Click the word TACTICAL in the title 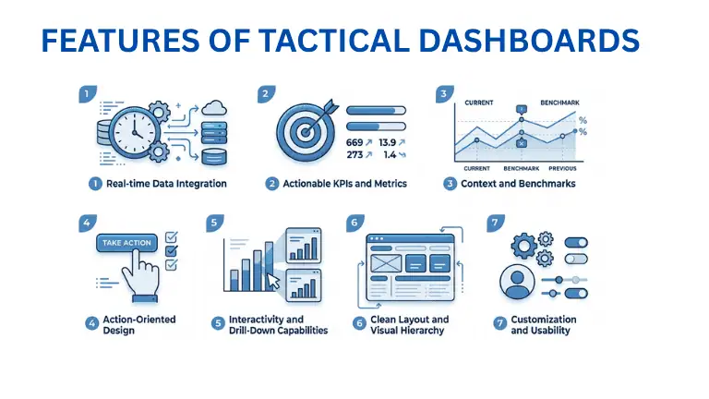pos(339,42)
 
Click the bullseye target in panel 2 pos(305,130)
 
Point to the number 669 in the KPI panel pos(354,142)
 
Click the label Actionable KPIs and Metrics pos(342,184)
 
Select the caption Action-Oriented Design pos(139,325)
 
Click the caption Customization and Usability pos(544,325)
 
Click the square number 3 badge pos(443,93)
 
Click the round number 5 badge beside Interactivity pos(218,323)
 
